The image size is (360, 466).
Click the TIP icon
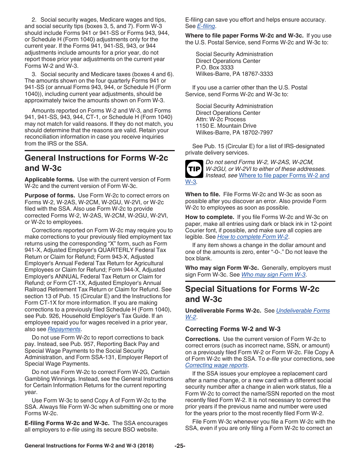(194, 169)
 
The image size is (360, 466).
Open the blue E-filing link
(206, 26)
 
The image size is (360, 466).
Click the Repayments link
(64, 329)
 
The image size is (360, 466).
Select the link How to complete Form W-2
(253, 237)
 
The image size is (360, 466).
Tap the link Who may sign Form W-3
(273, 275)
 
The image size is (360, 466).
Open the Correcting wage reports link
(216, 365)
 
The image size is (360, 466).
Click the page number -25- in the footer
(180, 446)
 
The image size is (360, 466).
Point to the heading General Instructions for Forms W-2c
(96, 158)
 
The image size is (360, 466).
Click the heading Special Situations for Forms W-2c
(252, 289)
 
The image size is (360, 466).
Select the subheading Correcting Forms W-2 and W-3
(233, 329)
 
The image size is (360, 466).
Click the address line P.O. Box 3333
(214, 67)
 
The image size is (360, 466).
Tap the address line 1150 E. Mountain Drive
(226, 126)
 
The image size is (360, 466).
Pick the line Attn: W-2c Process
(221, 119)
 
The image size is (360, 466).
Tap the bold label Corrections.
(202, 339)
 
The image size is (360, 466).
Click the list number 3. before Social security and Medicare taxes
(34, 74)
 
